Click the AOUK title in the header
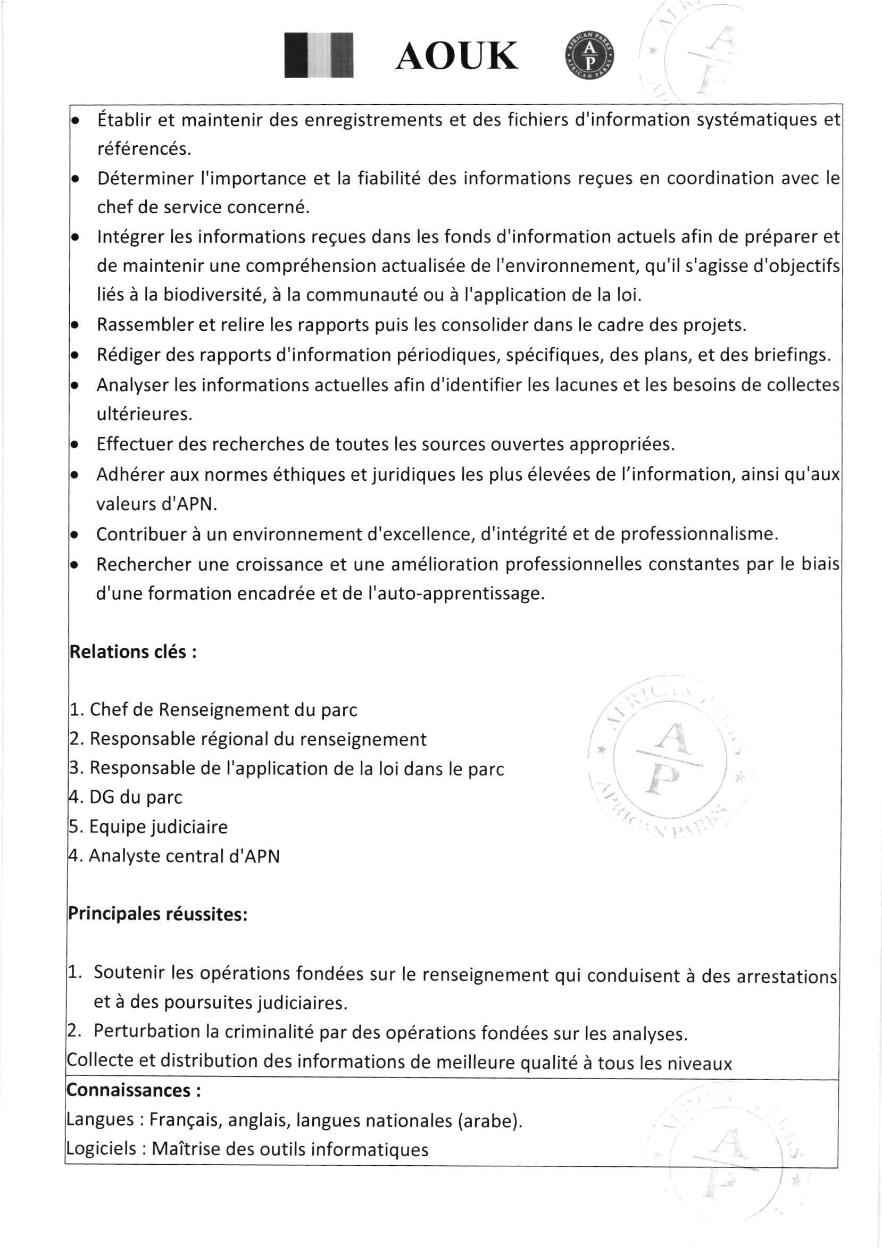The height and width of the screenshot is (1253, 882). click(x=457, y=57)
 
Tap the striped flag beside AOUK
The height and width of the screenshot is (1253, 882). click(x=319, y=56)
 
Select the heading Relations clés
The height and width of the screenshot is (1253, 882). click(x=132, y=652)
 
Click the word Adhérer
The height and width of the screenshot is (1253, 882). click(x=128, y=475)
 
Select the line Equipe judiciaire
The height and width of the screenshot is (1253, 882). click(x=148, y=828)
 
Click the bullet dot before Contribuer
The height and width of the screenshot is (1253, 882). click(x=76, y=535)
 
